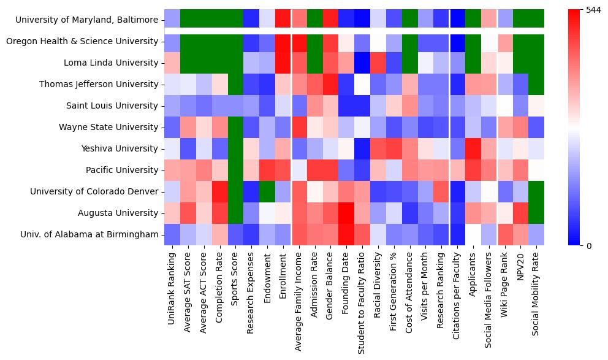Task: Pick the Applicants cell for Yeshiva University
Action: pyautogui.click(x=473, y=148)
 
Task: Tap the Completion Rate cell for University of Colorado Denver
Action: pyautogui.click(x=220, y=191)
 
